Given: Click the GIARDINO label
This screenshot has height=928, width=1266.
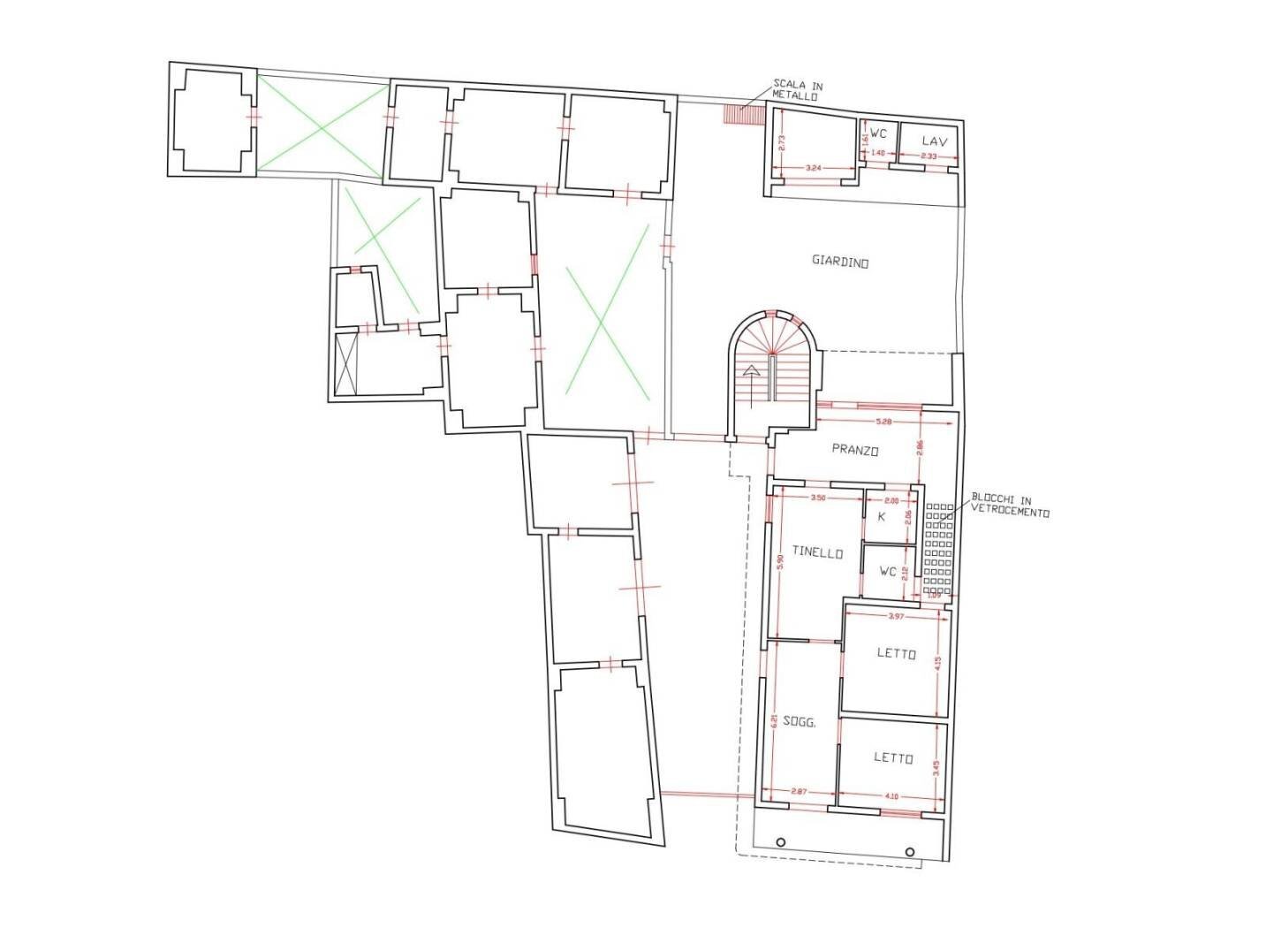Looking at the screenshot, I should [840, 262].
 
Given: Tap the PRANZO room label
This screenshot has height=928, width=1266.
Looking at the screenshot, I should [854, 450].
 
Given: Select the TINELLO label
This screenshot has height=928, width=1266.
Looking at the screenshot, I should [816, 553].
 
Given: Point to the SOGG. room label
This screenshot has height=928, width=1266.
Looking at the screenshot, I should [799, 723].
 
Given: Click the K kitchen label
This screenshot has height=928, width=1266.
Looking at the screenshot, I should [881, 516].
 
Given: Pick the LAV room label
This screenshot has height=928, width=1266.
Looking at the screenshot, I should [935, 141].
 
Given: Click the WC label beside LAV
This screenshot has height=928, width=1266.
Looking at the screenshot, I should [878, 133].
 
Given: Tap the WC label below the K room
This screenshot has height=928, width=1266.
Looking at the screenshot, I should [888, 572].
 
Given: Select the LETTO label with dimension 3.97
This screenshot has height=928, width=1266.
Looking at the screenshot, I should [896, 654].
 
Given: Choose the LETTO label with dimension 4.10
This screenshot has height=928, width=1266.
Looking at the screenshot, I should [892, 757].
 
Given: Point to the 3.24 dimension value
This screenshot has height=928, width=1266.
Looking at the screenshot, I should [815, 166].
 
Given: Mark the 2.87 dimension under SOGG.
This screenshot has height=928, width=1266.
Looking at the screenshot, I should [798, 789].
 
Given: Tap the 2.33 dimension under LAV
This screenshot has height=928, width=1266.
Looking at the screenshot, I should [929, 156].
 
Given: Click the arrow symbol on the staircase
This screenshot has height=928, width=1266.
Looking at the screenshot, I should [751, 371].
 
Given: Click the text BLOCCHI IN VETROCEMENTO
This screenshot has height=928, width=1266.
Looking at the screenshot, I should [1008, 505].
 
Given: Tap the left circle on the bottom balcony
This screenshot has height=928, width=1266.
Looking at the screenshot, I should [781, 841].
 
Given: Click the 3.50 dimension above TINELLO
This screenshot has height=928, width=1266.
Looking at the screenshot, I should [816, 498].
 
